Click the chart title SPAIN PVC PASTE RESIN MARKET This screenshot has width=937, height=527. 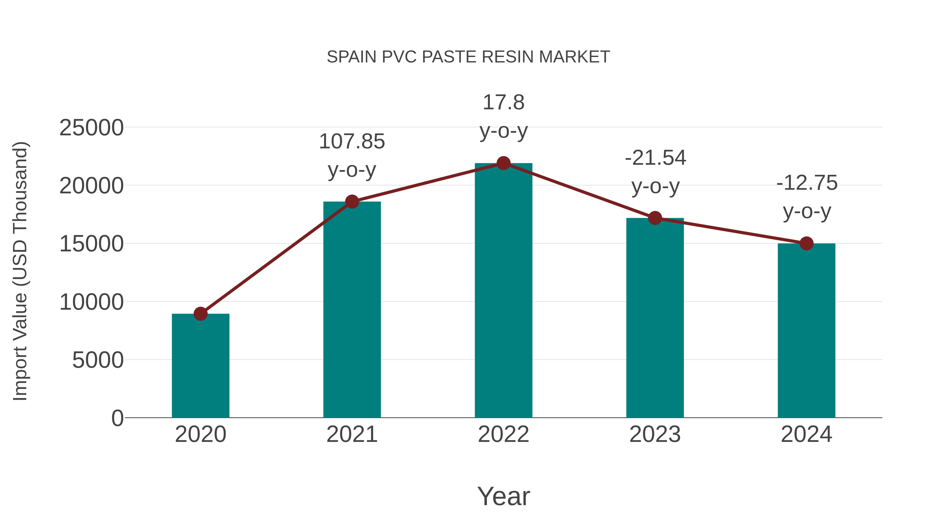pyautogui.click(x=468, y=57)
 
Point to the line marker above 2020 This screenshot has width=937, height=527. pyautogui.click(x=200, y=314)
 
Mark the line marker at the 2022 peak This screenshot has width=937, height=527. pyautogui.click(x=503, y=163)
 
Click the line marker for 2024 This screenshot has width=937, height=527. pyautogui.click(x=806, y=243)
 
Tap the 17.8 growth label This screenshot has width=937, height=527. pyautogui.click(x=503, y=103)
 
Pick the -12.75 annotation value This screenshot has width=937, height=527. pyautogui.click(x=807, y=183)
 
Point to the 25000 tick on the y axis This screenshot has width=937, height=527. pyautogui.click(x=91, y=128)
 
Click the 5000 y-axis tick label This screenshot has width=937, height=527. pyautogui.click(x=98, y=360)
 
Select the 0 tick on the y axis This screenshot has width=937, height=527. pyautogui.click(x=117, y=418)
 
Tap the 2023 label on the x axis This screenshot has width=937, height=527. pyautogui.click(x=655, y=435)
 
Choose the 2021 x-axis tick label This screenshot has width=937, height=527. pyautogui.click(x=352, y=435)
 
